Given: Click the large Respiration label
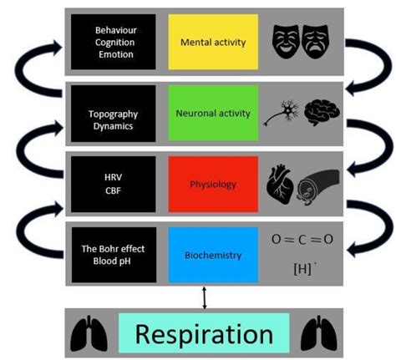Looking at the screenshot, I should [205, 334].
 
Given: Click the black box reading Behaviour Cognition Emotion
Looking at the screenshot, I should [114, 41].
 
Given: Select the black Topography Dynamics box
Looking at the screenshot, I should [114, 113].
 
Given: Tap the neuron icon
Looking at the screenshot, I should [283, 115].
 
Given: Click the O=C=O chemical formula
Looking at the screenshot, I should [302, 239].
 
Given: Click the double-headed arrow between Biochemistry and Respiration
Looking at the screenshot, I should [204, 295].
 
